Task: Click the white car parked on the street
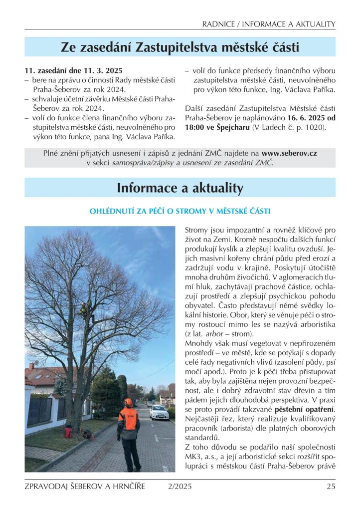pyautogui.click(x=159, y=412)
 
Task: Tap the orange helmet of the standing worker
pyautogui.click(x=129, y=402)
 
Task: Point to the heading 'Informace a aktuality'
pyautogui.click(x=180, y=188)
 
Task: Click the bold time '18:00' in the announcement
pyautogui.click(x=194, y=128)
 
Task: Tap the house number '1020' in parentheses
pyautogui.click(x=313, y=128)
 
